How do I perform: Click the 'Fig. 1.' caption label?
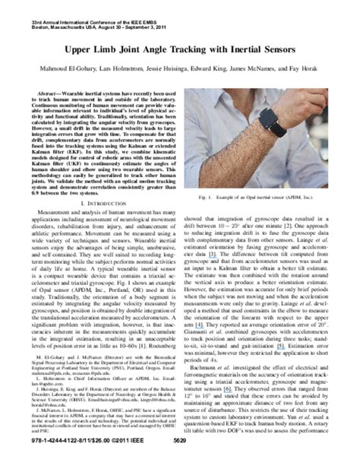pyautogui.click(x=226, y=197)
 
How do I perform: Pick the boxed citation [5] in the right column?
pyautogui.click(x=281, y=366)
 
